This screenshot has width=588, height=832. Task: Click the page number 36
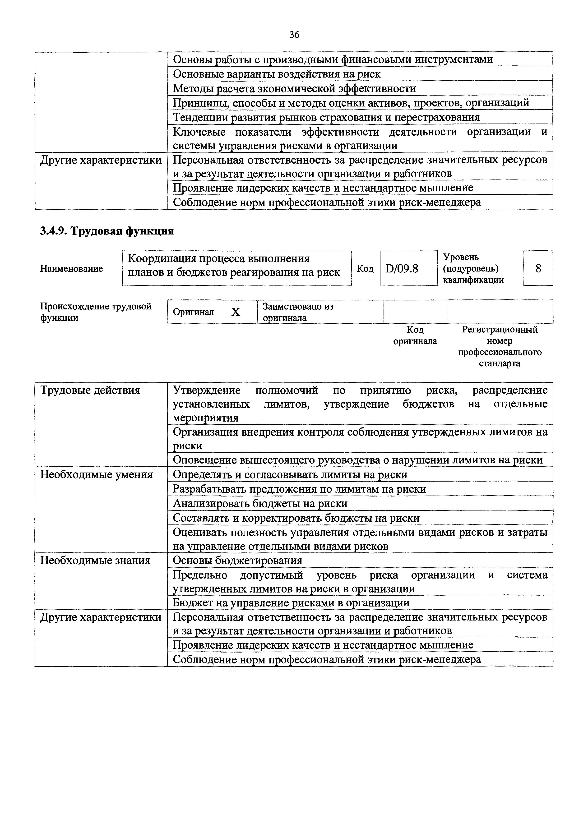[x=294, y=35]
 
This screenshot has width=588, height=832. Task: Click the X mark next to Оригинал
[x=236, y=312]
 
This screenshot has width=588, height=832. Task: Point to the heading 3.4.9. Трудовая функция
[x=107, y=231]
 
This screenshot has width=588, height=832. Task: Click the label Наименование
[x=71, y=268]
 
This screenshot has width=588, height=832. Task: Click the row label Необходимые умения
[x=97, y=474]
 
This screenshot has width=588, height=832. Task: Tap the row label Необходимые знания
[x=95, y=561]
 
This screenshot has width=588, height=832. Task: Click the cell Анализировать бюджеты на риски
[x=260, y=503]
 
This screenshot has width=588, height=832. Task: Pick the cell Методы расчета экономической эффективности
[x=294, y=88]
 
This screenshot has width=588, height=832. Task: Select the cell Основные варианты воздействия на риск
[x=277, y=74]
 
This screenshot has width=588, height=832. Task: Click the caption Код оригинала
[x=415, y=335]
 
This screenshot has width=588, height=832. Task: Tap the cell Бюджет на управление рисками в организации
[x=291, y=603]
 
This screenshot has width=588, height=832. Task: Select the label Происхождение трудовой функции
[x=96, y=312]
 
